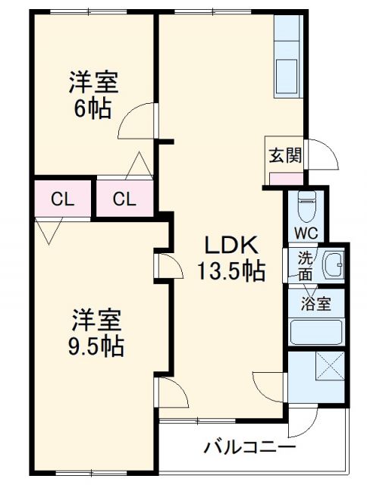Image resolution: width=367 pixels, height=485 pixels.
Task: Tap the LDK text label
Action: coord(232,246)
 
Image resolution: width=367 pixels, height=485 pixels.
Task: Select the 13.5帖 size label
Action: coord(232,270)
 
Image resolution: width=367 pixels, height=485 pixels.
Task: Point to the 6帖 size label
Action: coord(92,108)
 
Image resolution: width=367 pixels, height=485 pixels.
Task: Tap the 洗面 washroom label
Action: coord(305,264)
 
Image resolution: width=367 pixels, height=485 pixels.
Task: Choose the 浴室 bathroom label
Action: coord(315,305)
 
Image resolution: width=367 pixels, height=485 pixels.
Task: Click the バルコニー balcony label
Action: coord(249,446)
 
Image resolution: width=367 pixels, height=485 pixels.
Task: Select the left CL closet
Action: coord(62,199)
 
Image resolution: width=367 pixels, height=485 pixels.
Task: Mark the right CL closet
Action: coord(124,199)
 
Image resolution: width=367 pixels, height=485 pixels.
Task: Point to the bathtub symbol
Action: coord(317,332)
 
